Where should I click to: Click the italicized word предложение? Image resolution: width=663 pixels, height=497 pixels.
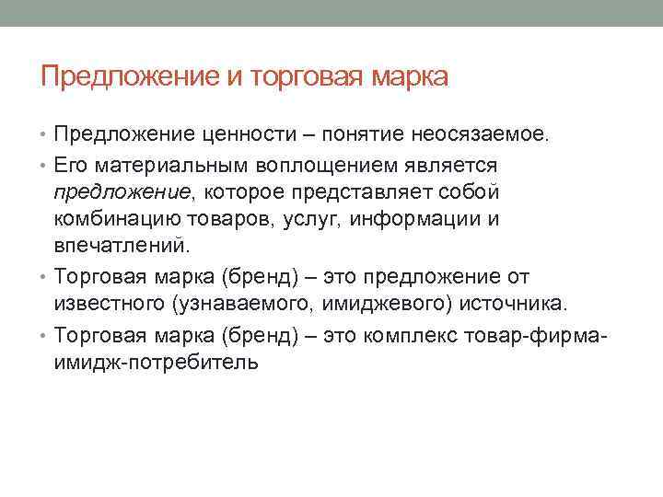tap(117, 192)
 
